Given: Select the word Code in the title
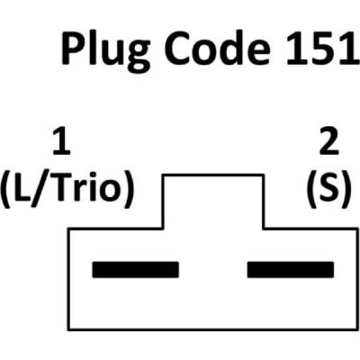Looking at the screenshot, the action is [218, 48].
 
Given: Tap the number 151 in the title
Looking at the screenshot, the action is [322, 49].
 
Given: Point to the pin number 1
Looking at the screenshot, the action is [62, 141].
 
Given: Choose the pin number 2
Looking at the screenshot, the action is [329, 141].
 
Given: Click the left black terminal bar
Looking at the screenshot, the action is [136, 269].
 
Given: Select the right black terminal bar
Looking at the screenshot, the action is [291, 269].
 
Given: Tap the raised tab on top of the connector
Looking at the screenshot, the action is [213, 201].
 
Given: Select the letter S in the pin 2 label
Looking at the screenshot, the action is [329, 188].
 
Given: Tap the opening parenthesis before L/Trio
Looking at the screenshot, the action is [6, 190].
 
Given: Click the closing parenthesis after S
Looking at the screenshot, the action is [346, 190].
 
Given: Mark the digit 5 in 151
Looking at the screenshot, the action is [322, 49].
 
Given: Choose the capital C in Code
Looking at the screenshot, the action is [178, 48].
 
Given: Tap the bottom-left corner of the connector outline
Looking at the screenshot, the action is [68, 330].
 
